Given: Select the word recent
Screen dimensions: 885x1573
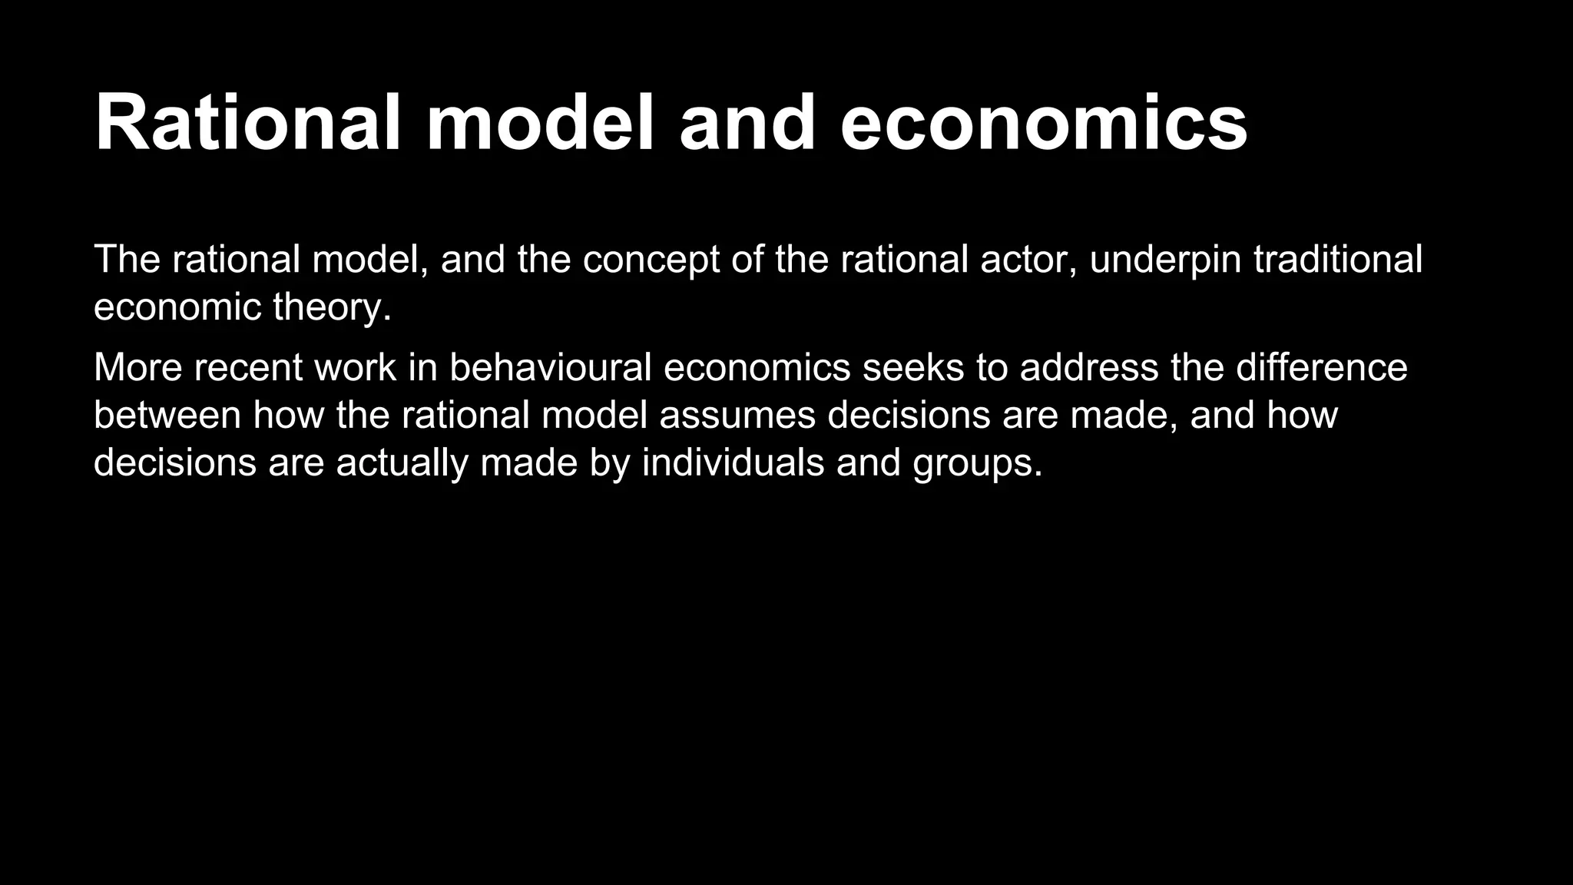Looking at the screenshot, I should (x=248, y=367).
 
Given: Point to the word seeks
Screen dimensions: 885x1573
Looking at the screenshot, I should (x=913, y=367).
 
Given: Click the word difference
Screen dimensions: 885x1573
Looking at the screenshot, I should (x=1321, y=367).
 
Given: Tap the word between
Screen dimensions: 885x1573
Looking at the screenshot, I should (x=167, y=415).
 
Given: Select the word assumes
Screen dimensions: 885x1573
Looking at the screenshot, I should (x=737, y=415).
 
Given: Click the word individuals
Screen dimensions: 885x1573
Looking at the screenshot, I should (x=733, y=462).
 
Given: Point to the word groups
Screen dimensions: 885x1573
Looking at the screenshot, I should (x=977, y=462).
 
